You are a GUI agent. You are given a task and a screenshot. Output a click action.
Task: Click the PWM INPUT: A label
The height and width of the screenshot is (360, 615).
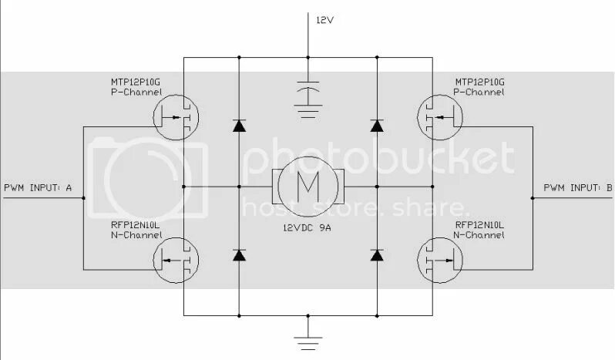[38, 187]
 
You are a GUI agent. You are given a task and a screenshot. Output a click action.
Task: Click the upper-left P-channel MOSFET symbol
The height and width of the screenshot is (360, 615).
[176, 119]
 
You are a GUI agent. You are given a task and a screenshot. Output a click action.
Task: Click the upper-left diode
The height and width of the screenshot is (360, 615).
[239, 125]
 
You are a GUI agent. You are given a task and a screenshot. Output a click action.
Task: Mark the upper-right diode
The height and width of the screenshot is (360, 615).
[377, 125]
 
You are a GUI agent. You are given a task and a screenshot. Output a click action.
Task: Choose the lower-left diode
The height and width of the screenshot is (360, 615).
[239, 254]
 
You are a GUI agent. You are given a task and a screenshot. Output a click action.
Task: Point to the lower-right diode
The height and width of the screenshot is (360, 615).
[377, 254]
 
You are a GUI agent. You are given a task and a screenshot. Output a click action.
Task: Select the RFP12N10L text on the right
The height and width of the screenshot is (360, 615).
[479, 225]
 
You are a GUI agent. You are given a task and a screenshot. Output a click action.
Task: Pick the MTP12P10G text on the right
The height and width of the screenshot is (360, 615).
[479, 82]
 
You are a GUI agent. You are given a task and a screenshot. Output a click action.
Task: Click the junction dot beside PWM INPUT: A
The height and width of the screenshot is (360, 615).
[83, 198]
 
